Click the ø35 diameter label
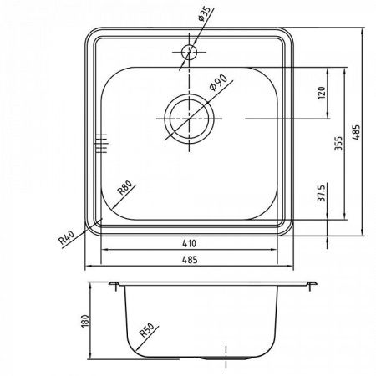[x=205, y=17]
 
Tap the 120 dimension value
[x=322, y=93]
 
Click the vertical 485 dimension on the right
[x=358, y=133]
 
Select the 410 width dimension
[x=192, y=244]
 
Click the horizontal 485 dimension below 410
[x=192, y=261]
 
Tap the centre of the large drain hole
[x=190, y=118]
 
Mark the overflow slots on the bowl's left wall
[x=103, y=143]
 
